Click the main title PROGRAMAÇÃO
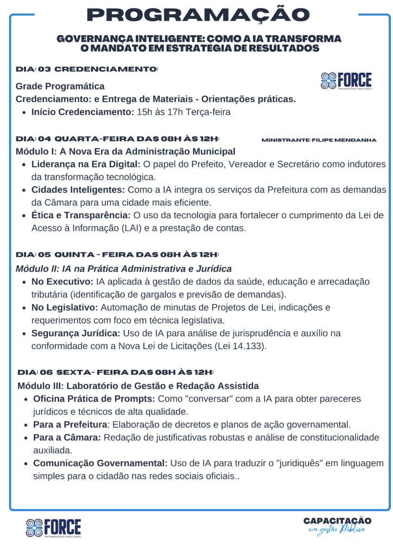point(196,15)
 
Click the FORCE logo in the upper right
point(346,81)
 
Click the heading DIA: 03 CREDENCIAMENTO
point(87,69)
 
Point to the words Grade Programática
point(60,86)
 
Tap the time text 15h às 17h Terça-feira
point(183,112)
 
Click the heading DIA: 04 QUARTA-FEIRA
point(118,139)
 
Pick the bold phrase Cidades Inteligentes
point(78,189)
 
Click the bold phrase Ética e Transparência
point(81,215)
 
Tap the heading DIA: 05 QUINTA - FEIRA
point(117,254)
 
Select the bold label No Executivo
point(62,282)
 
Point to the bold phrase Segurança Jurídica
point(77,333)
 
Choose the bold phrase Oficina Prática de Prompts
point(94,399)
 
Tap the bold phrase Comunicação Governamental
point(100,463)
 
